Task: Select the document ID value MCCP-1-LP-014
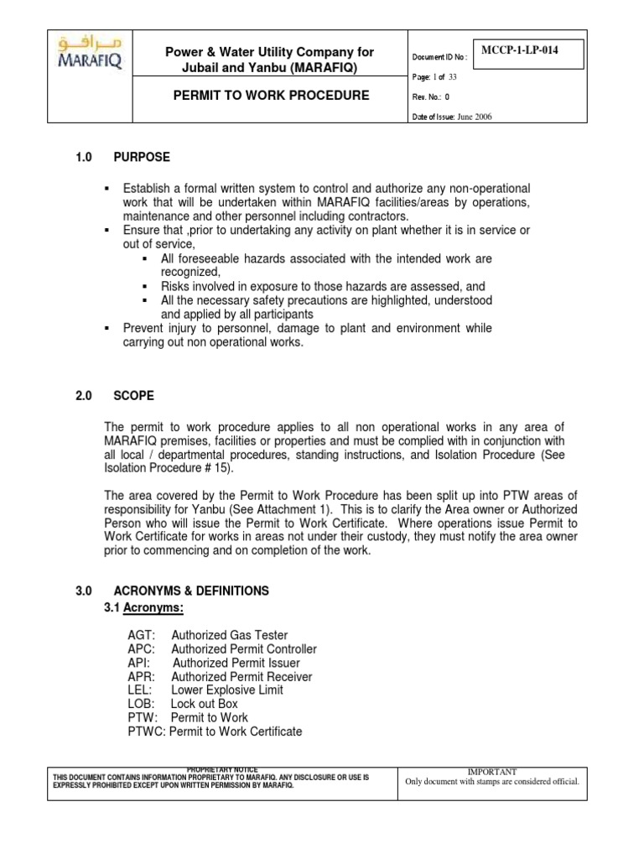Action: (x=520, y=50)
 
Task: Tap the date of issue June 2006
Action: (x=475, y=117)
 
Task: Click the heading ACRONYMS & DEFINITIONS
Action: (x=191, y=591)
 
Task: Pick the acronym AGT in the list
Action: (x=141, y=635)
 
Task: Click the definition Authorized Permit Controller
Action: (x=244, y=649)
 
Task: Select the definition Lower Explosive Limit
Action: (x=227, y=690)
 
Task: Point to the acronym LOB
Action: (x=141, y=704)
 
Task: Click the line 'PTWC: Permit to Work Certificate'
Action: (x=215, y=731)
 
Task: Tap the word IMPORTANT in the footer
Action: (x=491, y=771)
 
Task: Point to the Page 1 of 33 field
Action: (x=445, y=75)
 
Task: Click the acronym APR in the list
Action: (x=141, y=676)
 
